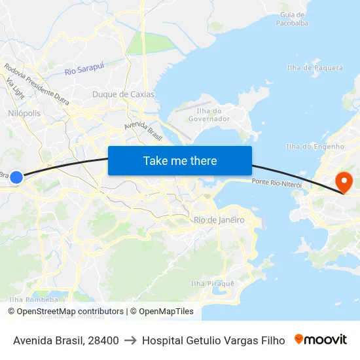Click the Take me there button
[180, 160]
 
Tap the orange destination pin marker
[343, 181]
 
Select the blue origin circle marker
[17, 177]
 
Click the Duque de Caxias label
[123, 94]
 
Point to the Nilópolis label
[24, 113]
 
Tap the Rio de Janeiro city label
[219, 220]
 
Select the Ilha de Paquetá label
[315, 67]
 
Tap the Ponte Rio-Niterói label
[277, 184]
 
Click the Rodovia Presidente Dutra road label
[37, 81]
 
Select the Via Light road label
[15, 88]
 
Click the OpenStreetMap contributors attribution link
[70, 312]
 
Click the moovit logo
[320, 340]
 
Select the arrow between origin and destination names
[130, 340]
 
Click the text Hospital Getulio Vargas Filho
[213, 340]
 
